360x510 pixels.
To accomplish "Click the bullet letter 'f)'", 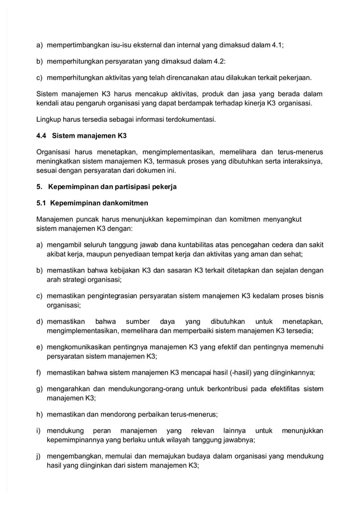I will [x=39, y=372].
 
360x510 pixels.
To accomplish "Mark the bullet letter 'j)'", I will [x=39, y=456].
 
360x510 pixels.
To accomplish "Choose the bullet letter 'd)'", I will [x=40, y=322].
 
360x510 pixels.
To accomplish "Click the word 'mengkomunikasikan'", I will [x=82, y=347].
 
